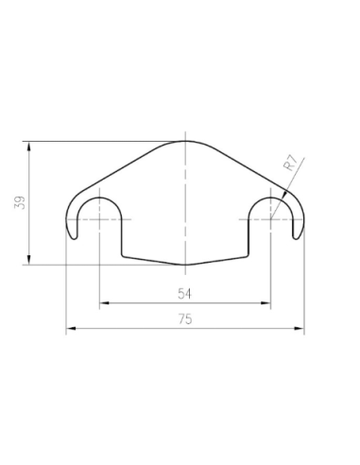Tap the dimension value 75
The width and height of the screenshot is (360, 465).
click(185, 319)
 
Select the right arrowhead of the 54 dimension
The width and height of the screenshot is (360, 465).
click(266, 303)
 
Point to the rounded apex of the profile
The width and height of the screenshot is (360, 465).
click(185, 142)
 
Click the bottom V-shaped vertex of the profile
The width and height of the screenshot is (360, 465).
click(185, 264)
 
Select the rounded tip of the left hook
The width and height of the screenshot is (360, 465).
click(73, 235)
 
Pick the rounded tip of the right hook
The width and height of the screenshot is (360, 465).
click(299, 235)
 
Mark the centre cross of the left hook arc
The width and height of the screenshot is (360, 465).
click(99, 219)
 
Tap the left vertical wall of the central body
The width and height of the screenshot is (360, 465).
click(122, 236)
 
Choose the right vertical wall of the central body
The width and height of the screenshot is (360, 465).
click(249, 236)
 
